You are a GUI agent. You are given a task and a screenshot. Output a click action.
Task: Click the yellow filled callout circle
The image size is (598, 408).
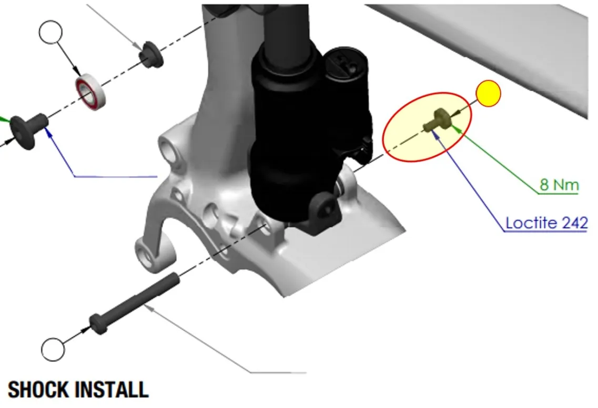[x=488, y=94]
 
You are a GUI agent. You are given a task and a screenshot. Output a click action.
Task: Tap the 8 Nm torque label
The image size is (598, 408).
[x=559, y=185]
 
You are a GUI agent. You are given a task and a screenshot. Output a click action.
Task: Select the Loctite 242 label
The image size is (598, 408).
[x=546, y=223]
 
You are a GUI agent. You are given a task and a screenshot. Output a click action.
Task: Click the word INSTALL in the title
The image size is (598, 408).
[x=111, y=390]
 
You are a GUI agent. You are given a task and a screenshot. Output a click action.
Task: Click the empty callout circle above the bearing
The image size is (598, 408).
[x=50, y=32]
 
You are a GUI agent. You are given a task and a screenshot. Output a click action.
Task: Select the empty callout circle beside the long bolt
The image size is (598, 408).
[x=53, y=349]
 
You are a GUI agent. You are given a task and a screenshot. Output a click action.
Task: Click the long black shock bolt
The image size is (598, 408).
[x=134, y=304]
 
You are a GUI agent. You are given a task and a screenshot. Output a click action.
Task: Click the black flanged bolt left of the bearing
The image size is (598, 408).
[x=28, y=130]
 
